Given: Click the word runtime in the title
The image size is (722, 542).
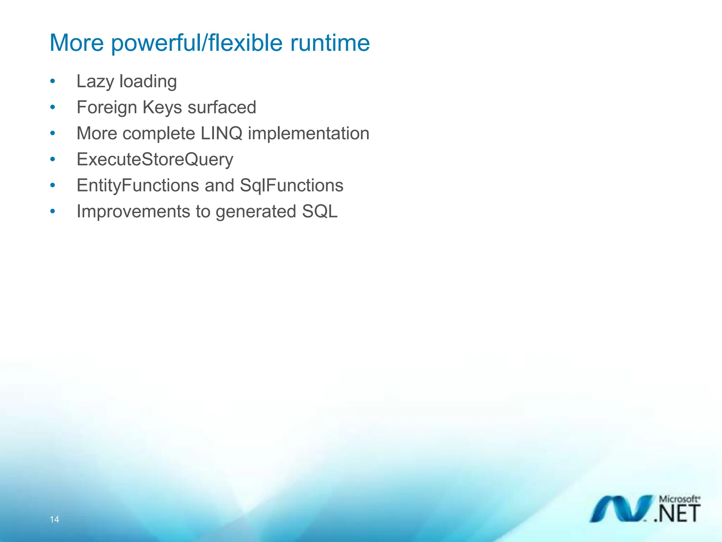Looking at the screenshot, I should tap(330, 43).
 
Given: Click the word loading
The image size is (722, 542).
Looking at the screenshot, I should tap(148, 82).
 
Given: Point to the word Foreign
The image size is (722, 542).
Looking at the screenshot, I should tap(107, 108).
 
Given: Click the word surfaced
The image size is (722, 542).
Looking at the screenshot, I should tap(222, 107).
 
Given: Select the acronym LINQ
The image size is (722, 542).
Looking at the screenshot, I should tap(221, 133).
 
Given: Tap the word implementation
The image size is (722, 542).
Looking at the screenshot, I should tap(308, 133).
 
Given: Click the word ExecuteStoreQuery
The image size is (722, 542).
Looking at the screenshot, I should tap(155, 159).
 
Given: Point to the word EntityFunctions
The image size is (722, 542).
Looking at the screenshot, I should tap(138, 186).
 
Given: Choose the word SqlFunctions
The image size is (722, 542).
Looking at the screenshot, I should tap(292, 186).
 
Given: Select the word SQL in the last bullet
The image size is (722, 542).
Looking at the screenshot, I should tap(320, 212).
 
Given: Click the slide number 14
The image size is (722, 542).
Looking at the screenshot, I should tap(54, 519).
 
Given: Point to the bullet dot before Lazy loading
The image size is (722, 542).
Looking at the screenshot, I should tap(53, 82).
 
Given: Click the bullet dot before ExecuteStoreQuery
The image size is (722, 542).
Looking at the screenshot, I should tap(53, 159).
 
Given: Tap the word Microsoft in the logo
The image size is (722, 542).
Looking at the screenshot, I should tap(679, 499).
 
